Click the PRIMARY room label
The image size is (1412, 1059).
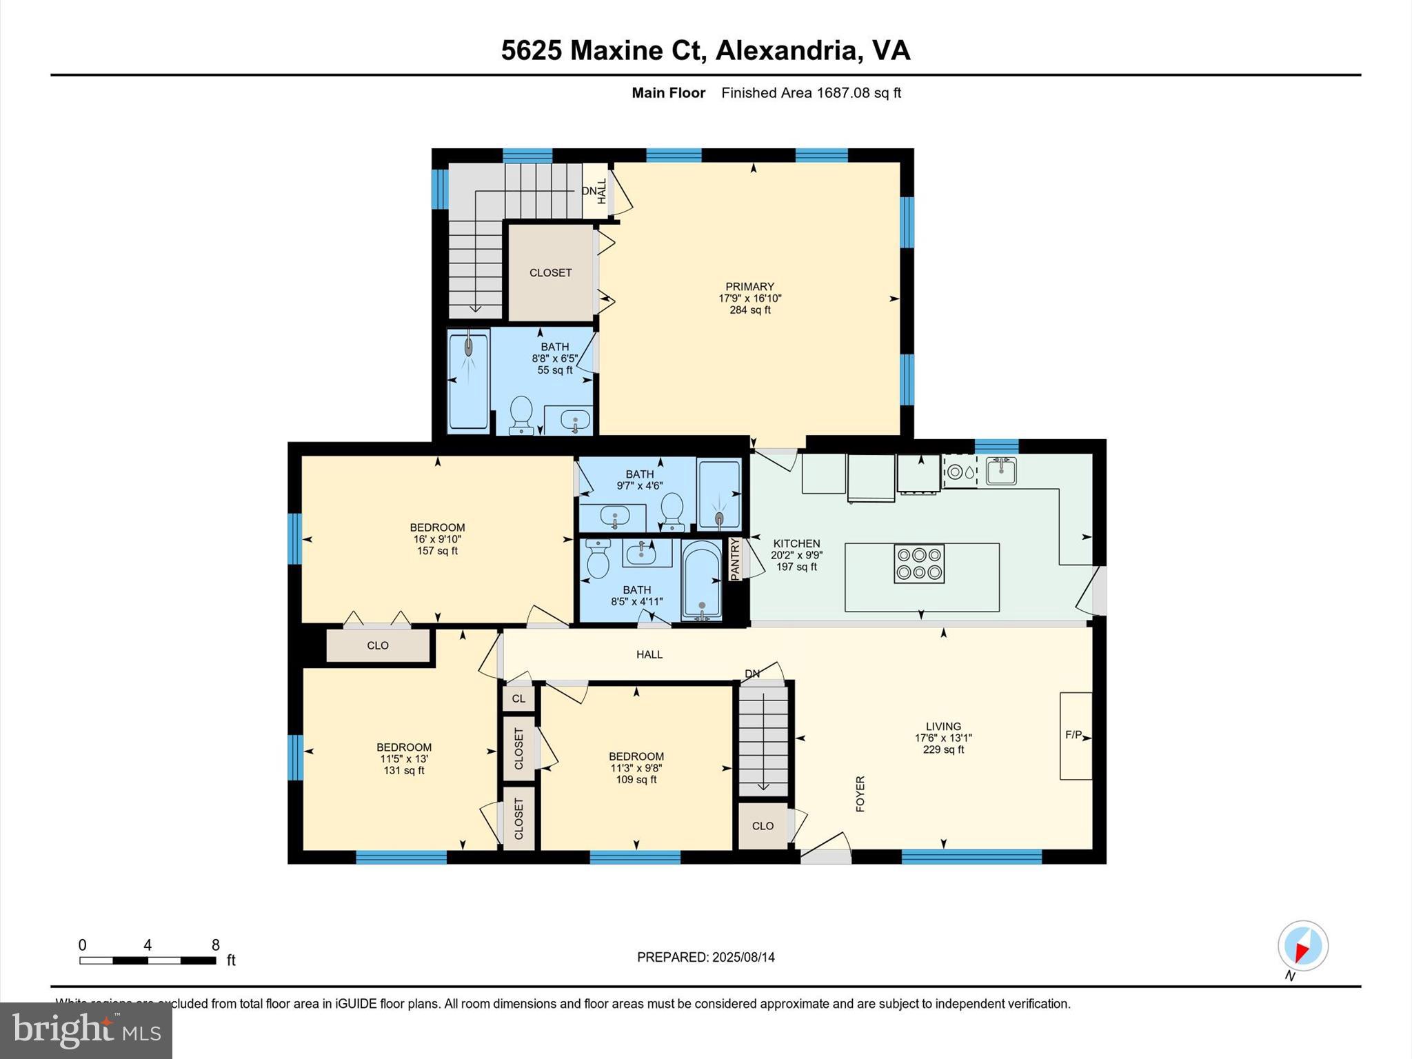pos(749,286)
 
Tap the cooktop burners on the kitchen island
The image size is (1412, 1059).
pos(919,563)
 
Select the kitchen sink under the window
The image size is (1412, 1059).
pos(1001,471)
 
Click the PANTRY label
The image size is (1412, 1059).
pos(735,558)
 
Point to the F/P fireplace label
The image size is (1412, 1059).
pos(1073,735)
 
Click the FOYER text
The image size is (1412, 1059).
pos(860,794)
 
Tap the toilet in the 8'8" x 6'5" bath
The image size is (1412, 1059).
pos(521,413)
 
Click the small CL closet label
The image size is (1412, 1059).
pos(518,698)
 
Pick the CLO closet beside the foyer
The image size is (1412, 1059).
pos(763,825)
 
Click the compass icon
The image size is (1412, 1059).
pos(1302,946)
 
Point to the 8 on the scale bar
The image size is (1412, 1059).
pos(216,945)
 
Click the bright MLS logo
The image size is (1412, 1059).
pos(86,1030)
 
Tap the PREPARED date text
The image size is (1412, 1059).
pos(705,957)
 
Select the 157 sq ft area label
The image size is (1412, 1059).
pos(437,551)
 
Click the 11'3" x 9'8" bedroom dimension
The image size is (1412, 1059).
pos(636,768)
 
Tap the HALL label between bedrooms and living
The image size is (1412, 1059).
pos(649,654)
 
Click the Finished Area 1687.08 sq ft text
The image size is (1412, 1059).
pos(811,93)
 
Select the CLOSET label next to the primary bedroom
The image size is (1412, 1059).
pos(550,272)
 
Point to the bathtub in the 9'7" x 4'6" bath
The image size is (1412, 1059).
pos(719,494)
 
